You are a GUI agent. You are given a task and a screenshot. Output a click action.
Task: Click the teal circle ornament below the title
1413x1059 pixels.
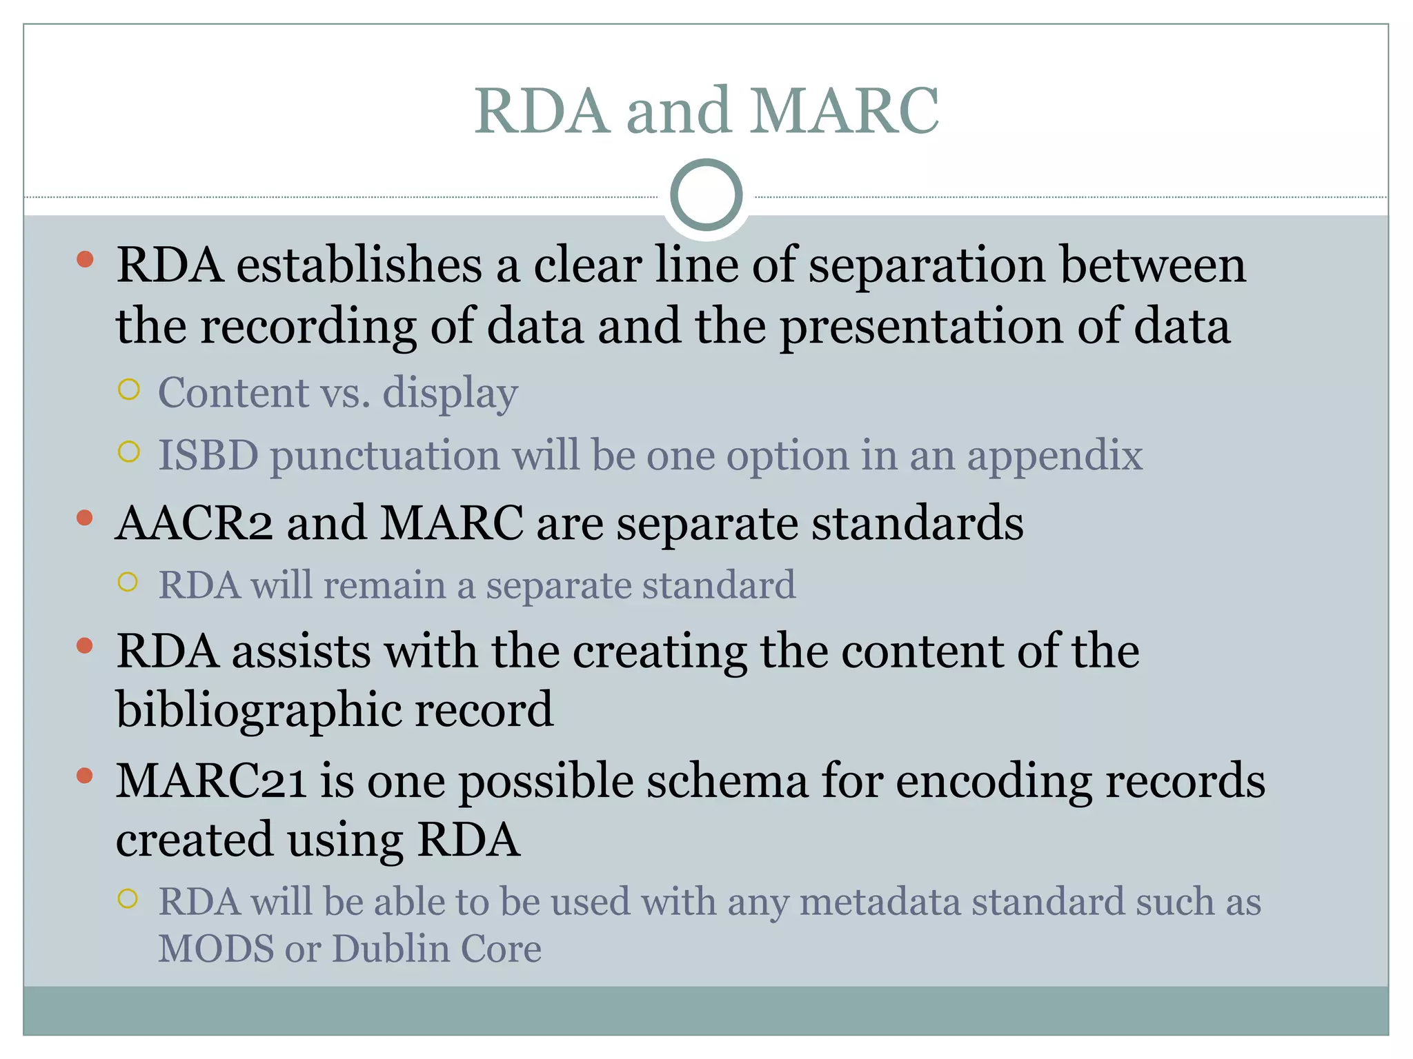click(706, 195)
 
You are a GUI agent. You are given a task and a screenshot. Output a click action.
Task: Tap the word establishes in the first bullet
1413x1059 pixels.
click(359, 265)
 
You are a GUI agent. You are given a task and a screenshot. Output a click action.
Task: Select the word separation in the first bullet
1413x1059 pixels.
click(927, 265)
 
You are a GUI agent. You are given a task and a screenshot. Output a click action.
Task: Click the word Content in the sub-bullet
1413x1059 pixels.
click(233, 392)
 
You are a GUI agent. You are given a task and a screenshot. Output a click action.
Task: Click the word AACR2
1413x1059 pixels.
click(194, 523)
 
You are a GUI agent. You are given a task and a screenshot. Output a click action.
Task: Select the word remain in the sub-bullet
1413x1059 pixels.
click(384, 585)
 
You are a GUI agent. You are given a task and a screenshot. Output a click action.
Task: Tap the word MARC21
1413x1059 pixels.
click(210, 781)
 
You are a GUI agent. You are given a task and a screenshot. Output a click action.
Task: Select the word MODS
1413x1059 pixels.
click(216, 949)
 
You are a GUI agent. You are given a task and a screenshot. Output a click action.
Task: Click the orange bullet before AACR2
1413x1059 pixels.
click(85, 518)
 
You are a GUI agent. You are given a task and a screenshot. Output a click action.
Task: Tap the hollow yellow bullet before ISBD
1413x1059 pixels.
click(129, 452)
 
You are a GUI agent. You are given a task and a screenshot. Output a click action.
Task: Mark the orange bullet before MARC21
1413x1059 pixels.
click(85, 776)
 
